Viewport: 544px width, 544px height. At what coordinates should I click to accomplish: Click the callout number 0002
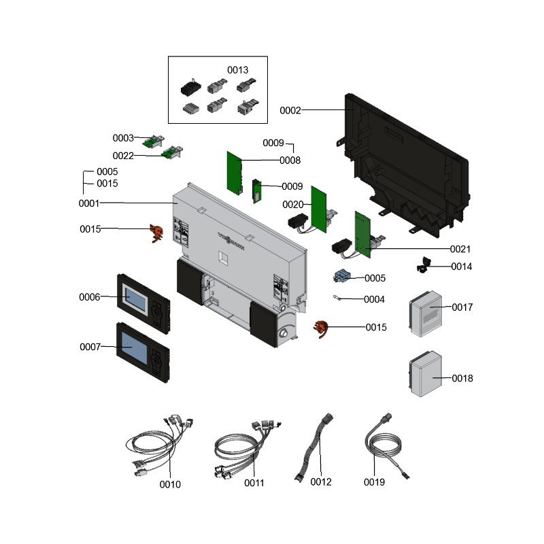[x=290, y=110]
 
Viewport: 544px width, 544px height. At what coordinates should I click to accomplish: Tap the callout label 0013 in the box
[x=237, y=70]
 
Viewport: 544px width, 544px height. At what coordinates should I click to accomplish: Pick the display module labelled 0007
[x=142, y=352]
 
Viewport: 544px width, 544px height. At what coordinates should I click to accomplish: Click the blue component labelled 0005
[x=343, y=277]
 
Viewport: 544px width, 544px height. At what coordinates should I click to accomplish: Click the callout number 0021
[x=460, y=249]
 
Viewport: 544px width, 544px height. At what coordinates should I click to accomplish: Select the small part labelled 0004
[x=337, y=297]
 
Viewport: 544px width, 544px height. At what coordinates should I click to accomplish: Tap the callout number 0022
[x=123, y=156]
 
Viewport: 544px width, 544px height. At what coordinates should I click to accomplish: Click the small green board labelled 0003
[x=151, y=141]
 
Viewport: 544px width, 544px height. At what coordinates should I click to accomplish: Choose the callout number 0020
[x=292, y=205]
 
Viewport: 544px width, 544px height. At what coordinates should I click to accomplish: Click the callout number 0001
[x=89, y=203]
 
